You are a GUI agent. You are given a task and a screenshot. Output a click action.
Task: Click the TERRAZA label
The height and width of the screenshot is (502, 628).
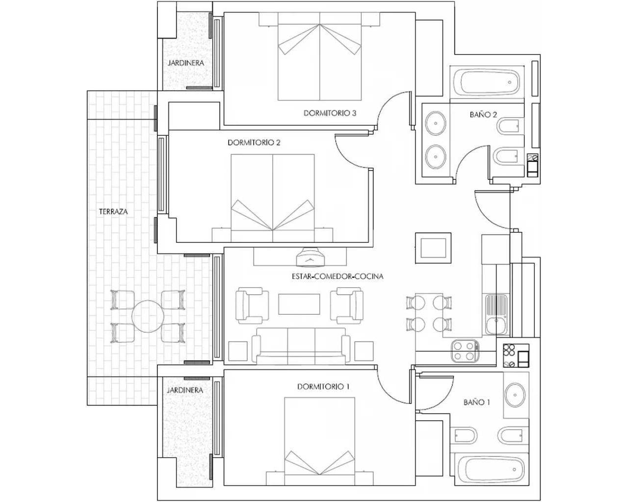(113, 212)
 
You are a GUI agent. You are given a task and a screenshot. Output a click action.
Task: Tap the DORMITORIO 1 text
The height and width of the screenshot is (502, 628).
(323, 387)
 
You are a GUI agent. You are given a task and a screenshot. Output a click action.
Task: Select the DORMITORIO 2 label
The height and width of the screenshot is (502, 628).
(254, 143)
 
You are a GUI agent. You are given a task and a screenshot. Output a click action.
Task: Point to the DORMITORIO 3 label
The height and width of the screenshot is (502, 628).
(330, 113)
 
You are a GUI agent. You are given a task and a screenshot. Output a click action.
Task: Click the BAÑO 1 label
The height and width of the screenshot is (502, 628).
(477, 402)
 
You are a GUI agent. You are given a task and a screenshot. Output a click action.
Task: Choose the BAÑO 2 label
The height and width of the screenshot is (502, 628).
(483, 115)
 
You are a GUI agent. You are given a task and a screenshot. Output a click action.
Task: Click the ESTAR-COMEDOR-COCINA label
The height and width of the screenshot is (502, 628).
(337, 276)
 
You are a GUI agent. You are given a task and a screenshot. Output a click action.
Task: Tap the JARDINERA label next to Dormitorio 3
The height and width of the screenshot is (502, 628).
(185, 63)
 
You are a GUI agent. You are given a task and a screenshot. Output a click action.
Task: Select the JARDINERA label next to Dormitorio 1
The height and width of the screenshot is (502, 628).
(184, 390)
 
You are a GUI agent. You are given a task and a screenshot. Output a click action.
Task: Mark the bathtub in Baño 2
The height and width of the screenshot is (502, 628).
(487, 82)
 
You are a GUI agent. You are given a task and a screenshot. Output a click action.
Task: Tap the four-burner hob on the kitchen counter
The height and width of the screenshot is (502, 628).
(464, 351)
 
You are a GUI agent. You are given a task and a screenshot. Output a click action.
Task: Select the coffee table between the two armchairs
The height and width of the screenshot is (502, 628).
(300, 303)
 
